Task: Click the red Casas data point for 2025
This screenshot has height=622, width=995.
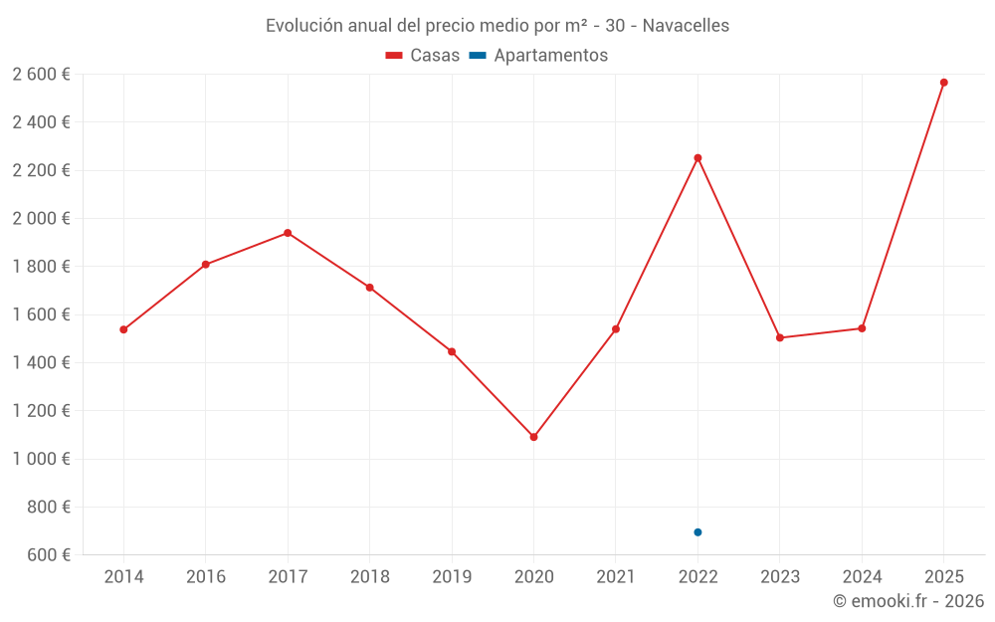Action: click(943, 83)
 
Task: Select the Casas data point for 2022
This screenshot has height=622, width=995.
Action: click(697, 157)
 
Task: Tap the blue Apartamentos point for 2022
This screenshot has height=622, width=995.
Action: click(697, 532)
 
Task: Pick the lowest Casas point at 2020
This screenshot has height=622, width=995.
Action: click(533, 437)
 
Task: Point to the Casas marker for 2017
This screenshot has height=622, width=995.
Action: click(288, 233)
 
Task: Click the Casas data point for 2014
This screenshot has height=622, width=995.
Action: click(123, 329)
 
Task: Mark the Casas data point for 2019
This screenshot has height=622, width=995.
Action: click(452, 351)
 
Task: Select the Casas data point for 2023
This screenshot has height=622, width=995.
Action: click(780, 337)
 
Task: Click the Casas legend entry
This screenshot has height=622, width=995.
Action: click(423, 56)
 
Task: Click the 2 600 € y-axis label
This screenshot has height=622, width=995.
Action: click(41, 75)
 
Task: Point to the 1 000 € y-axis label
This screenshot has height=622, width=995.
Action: click(41, 459)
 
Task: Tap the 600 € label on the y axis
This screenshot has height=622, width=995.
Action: click(48, 554)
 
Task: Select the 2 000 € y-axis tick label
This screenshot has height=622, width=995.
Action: click(41, 219)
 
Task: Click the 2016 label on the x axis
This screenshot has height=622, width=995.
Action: click(206, 577)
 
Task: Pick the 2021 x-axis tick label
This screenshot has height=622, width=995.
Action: click(616, 577)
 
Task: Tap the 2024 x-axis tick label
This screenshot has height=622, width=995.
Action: click(862, 577)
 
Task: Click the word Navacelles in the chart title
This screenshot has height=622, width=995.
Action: click(686, 26)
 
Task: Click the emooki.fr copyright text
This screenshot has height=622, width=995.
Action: click(907, 601)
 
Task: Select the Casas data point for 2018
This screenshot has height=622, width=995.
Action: click(369, 288)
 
